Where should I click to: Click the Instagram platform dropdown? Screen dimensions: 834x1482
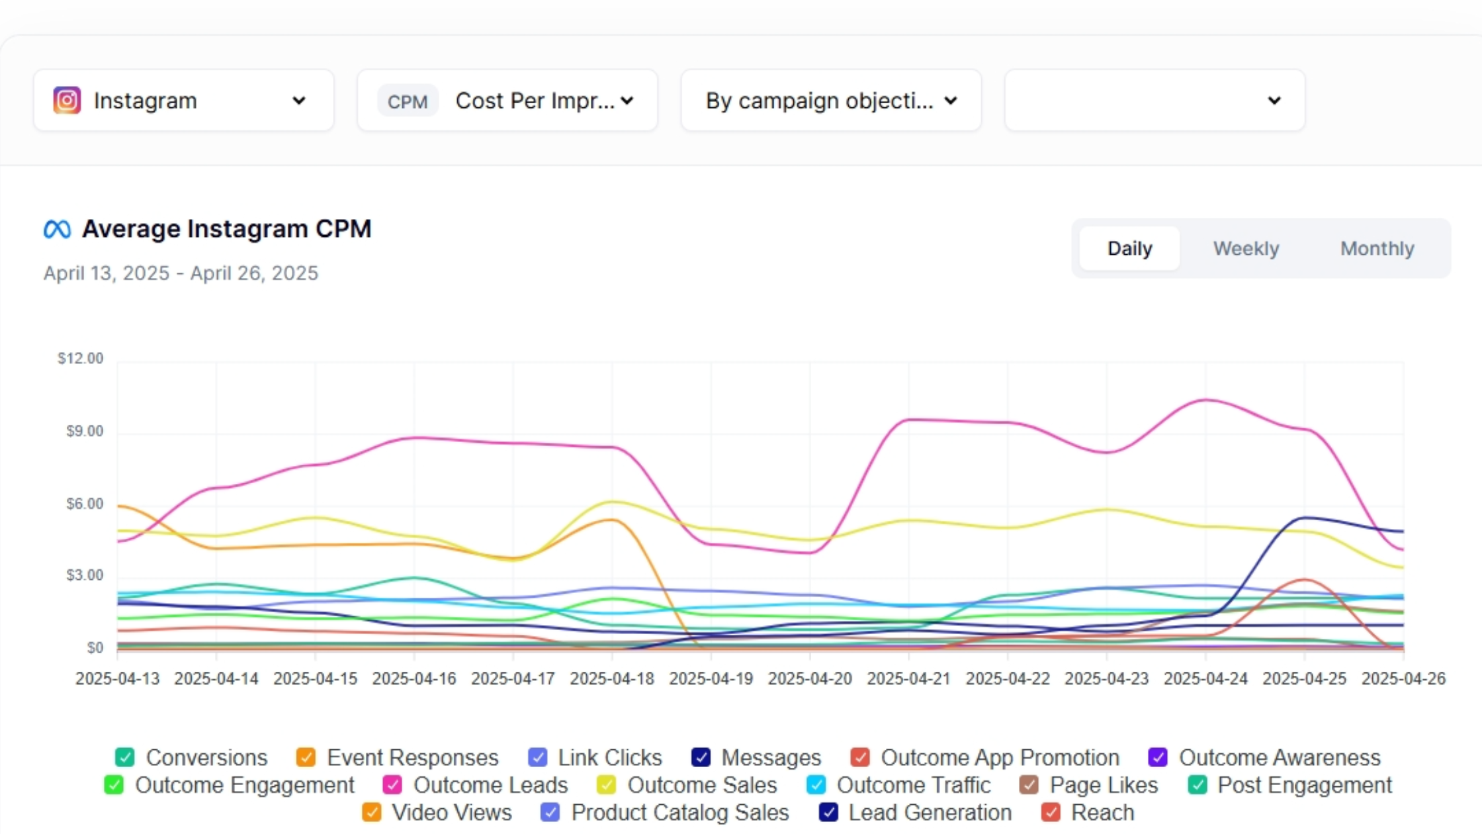coord(183,101)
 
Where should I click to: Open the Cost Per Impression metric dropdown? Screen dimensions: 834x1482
coord(507,101)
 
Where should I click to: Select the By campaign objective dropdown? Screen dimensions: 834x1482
coord(830,101)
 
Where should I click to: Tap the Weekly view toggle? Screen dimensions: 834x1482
coord(1246,248)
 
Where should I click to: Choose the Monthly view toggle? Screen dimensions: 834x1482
coord(1377,248)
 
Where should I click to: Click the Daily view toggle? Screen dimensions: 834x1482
coord(1129,248)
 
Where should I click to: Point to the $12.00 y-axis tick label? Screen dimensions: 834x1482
coord(81,359)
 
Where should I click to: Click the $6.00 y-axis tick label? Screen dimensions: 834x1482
coord(85,504)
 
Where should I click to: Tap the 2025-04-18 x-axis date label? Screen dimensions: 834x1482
coord(612,679)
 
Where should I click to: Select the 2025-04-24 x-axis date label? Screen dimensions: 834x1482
coord(1205,679)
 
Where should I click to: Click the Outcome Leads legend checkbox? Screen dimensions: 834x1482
coord(392,785)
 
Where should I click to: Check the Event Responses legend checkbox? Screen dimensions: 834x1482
coord(306,757)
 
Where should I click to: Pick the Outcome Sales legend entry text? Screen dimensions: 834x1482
coord(701,785)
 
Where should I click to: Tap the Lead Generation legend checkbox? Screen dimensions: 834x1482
coord(828,812)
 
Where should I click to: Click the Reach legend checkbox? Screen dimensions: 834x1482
coord(1051,812)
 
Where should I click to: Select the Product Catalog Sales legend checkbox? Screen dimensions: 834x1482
coord(550,812)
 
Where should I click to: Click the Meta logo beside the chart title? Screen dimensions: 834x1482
coord(57,230)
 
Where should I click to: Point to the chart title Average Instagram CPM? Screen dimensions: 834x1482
coord(226,229)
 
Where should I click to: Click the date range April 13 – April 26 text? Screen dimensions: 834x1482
coord(181,273)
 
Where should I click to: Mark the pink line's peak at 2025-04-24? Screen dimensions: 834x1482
coord(1205,400)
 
